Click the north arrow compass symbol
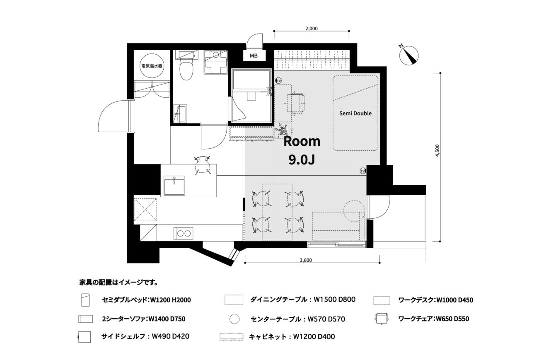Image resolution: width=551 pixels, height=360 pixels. (x=409, y=56)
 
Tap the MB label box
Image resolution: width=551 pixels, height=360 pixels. (x=254, y=56)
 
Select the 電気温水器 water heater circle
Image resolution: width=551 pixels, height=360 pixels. (x=152, y=65)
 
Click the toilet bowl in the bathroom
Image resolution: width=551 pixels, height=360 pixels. (x=186, y=70)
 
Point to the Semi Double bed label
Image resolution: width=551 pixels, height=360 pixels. (x=355, y=114)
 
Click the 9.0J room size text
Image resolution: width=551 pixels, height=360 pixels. (x=302, y=160)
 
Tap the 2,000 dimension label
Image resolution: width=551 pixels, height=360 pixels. (x=312, y=29)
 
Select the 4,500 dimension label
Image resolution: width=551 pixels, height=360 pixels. (x=437, y=150)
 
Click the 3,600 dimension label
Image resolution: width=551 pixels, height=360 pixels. (x=306, y=261)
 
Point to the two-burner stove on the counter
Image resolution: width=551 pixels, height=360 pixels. (x=183, y=233)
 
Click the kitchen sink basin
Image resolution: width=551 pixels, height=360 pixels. (x=174, y=186)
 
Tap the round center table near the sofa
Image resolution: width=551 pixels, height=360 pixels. (x=354, y=211)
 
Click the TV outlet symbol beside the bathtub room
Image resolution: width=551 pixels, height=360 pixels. (x=278, y=80)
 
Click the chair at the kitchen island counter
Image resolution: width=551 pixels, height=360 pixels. (x=202, y=165)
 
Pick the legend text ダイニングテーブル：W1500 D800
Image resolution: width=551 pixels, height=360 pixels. (x=303, y=300)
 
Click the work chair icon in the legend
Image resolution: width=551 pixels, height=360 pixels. (x=382, y=319)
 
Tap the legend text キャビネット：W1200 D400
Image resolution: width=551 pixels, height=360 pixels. (x=292, y=337)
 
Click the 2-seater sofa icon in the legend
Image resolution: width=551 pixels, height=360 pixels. (x=86, y=319)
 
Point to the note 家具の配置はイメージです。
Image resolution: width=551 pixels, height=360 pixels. (x=118, y=282)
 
